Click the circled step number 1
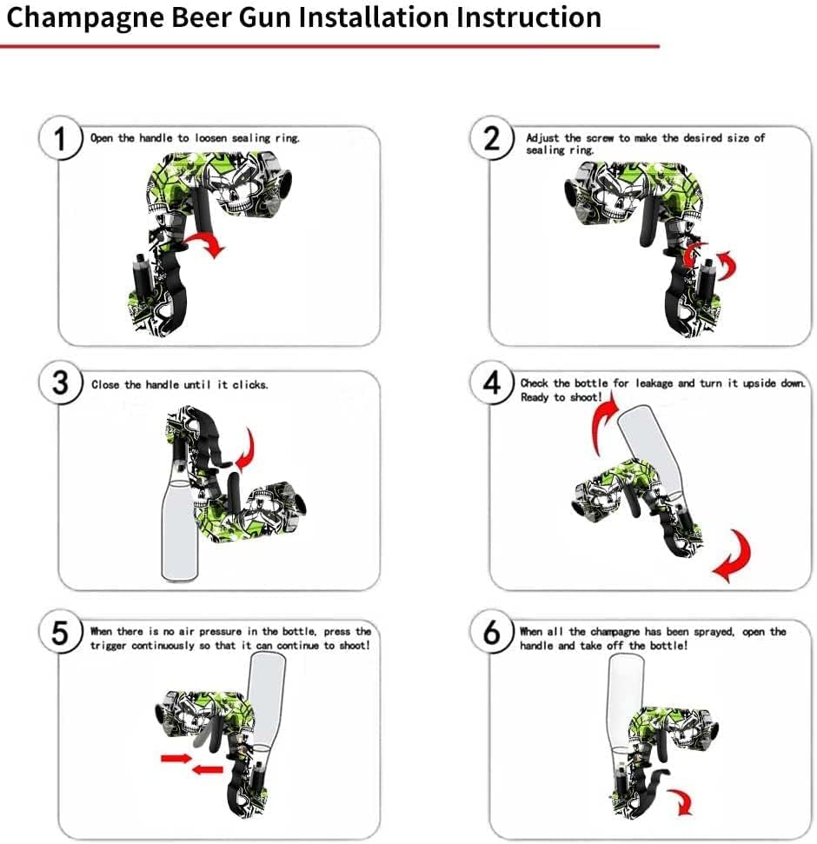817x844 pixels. click(x=60, y=138)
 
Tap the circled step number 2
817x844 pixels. click(x=491, y=138)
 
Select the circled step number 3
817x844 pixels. click(x=60, y=383)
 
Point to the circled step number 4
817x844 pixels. click(x=491, y=383)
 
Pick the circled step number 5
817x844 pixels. click(x=60, y=632)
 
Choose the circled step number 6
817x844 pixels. click(x=491, y=632)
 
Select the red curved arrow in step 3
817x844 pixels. click(x=248, y=450)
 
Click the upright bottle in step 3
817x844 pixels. click(x=180, y=528)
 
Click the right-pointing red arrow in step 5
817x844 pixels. click(x=176, y=759)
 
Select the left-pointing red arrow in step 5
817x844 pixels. click(x=207, y=770)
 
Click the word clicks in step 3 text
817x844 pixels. click(x=249, y=384)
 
